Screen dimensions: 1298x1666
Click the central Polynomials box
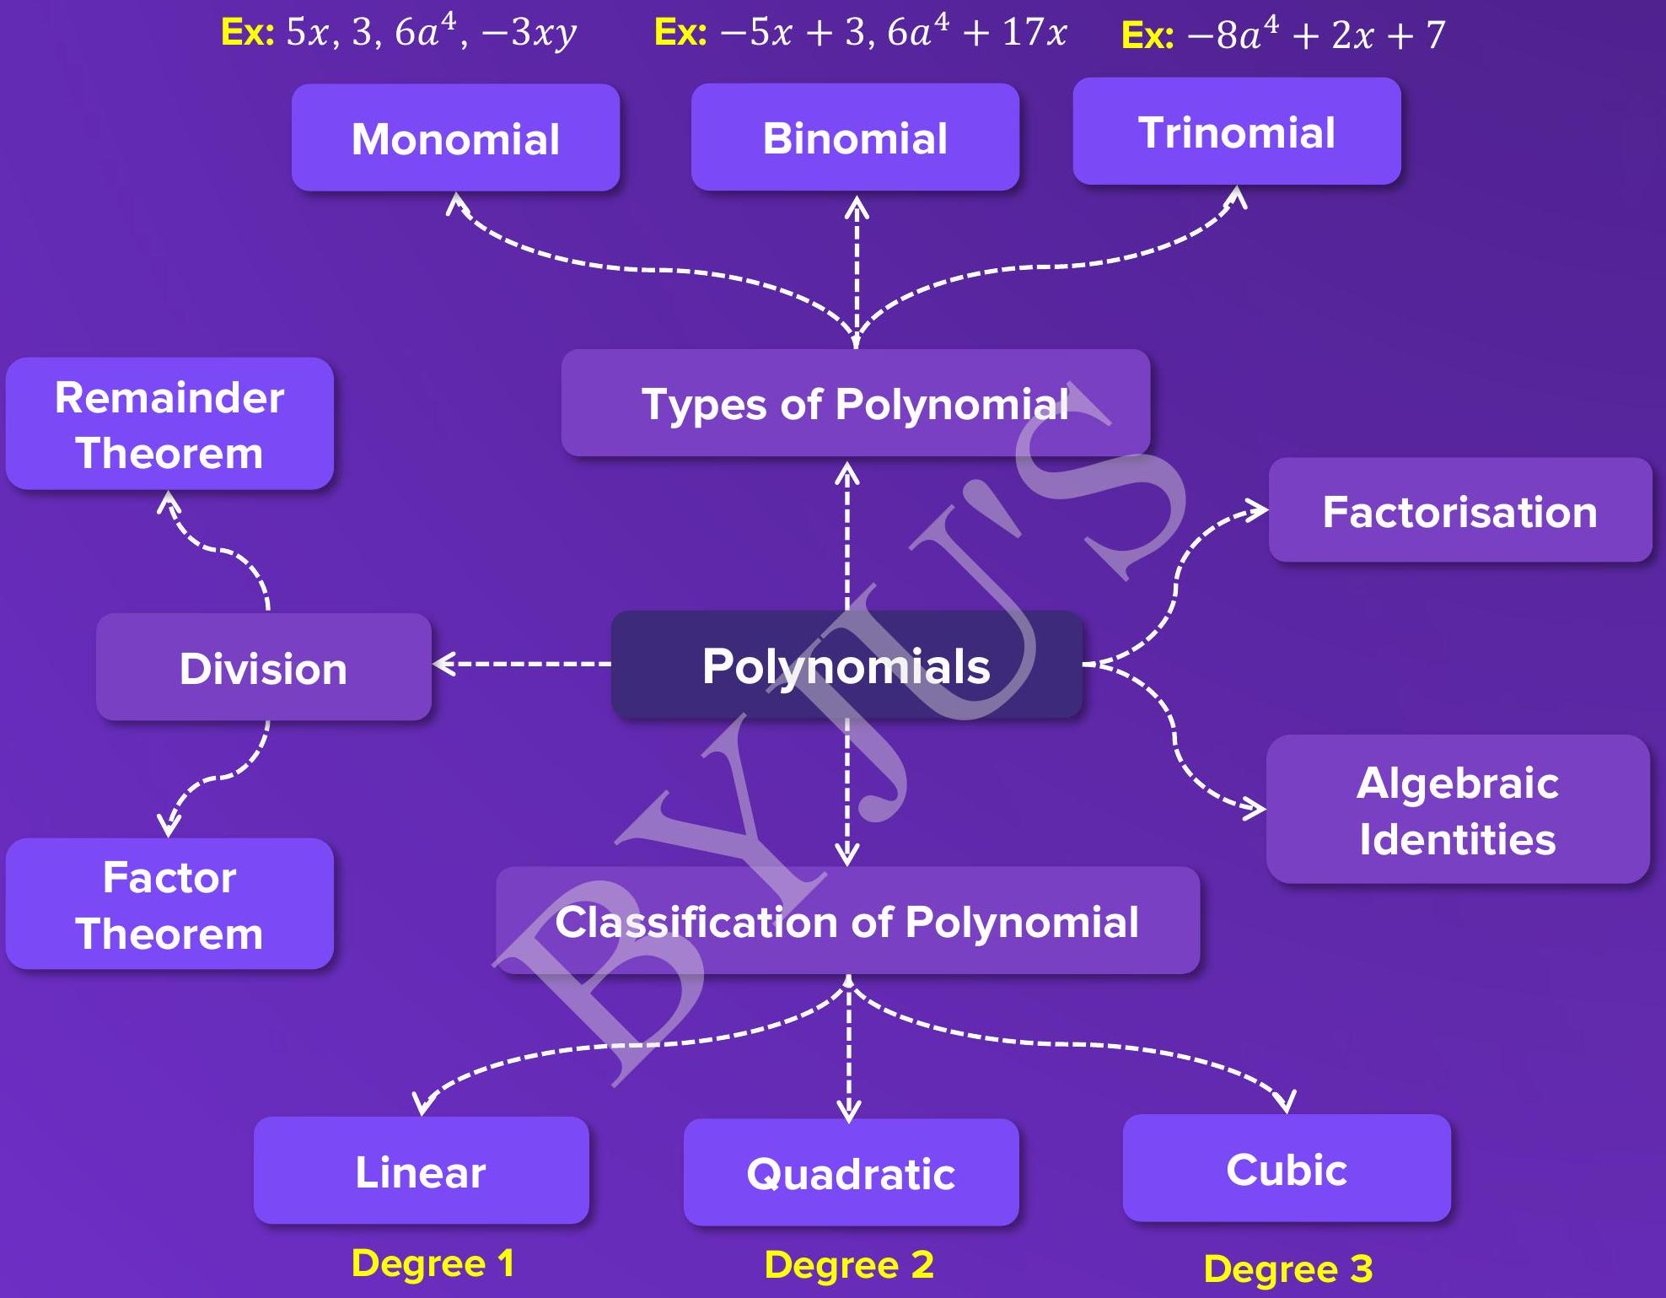[x=846, y=665]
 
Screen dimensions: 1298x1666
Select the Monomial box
[x=455, y=137]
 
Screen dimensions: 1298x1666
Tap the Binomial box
[x=855, y=137]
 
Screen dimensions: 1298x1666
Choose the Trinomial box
[x=1236, y=132]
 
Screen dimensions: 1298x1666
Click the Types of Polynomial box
[x=855, y=403]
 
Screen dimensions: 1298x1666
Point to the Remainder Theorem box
[x=169, y=424]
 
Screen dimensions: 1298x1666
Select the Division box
[x=263, y=667]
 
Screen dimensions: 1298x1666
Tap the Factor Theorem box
[x=169, y=904]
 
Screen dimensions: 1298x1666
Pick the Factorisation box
[x=1459, y=510]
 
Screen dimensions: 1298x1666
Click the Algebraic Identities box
[x=1458, y=810]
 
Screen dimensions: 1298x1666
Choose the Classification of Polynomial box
[x=847, y=921]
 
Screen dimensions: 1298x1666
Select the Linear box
[x=421, y=1171]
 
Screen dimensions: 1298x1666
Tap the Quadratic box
[x=851, y=1172]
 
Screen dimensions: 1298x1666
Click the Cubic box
[x=1287, y=1168]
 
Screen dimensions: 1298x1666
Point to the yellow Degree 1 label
[x=433, y=1263]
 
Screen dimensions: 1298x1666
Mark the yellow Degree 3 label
[x=1288, y=1268]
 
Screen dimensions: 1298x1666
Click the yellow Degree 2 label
[x=849, y=1265]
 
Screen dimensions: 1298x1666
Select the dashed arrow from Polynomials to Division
[x=523, y=664]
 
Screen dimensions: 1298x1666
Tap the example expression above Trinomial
[x=1283, y=35]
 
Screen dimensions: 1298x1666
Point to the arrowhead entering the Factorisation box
[x=1258, y=509]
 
